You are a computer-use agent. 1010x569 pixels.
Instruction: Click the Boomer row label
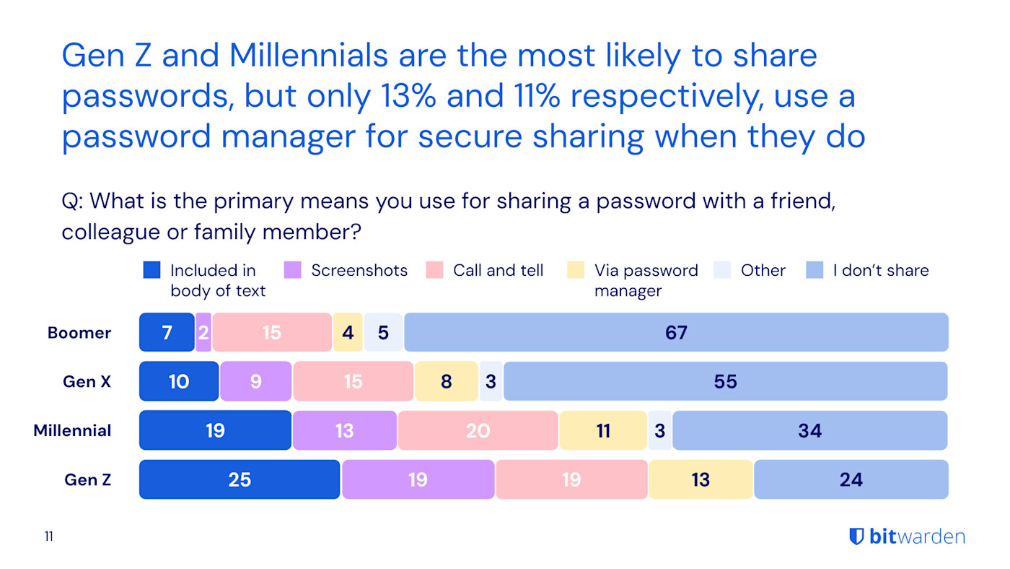79,333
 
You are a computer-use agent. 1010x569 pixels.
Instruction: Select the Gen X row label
87,382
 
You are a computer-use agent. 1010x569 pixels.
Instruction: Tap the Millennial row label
72,431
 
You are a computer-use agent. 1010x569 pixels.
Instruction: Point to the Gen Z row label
87,479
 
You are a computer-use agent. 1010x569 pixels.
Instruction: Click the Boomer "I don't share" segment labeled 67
676,333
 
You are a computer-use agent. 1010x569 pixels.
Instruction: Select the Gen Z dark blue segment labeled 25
240,479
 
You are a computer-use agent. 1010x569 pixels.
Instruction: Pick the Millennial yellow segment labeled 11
603,431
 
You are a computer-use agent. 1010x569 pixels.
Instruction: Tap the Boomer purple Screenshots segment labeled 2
203,333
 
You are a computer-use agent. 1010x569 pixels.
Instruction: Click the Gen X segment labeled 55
725,382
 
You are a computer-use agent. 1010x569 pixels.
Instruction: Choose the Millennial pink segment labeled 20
478,431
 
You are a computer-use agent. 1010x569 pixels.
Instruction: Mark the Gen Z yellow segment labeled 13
701,479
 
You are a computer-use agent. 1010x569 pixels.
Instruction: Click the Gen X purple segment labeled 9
256,382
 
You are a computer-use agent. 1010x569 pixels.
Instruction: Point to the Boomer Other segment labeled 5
383,333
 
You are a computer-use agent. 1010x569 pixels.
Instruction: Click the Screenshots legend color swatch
293,271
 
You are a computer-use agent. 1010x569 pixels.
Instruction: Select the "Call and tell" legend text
498,271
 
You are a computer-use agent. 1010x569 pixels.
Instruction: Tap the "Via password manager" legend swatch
575,271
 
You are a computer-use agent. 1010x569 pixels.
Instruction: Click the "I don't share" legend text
880,271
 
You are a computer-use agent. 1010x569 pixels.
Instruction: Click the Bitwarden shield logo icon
856,537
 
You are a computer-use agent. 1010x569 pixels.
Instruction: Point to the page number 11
48,537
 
